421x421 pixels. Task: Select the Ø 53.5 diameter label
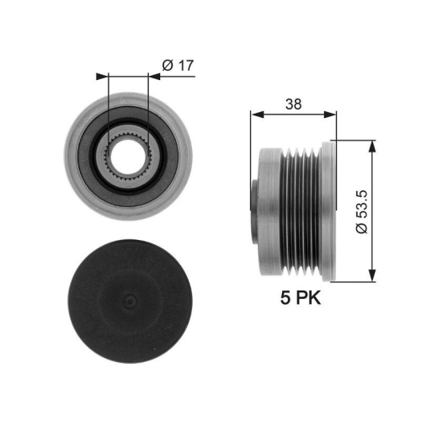coord(361,211)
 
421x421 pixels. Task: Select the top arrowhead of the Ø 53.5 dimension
coord(371,144)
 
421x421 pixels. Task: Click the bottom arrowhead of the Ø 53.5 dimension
coord(371,276)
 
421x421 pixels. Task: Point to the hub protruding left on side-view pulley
coord(262,210)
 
